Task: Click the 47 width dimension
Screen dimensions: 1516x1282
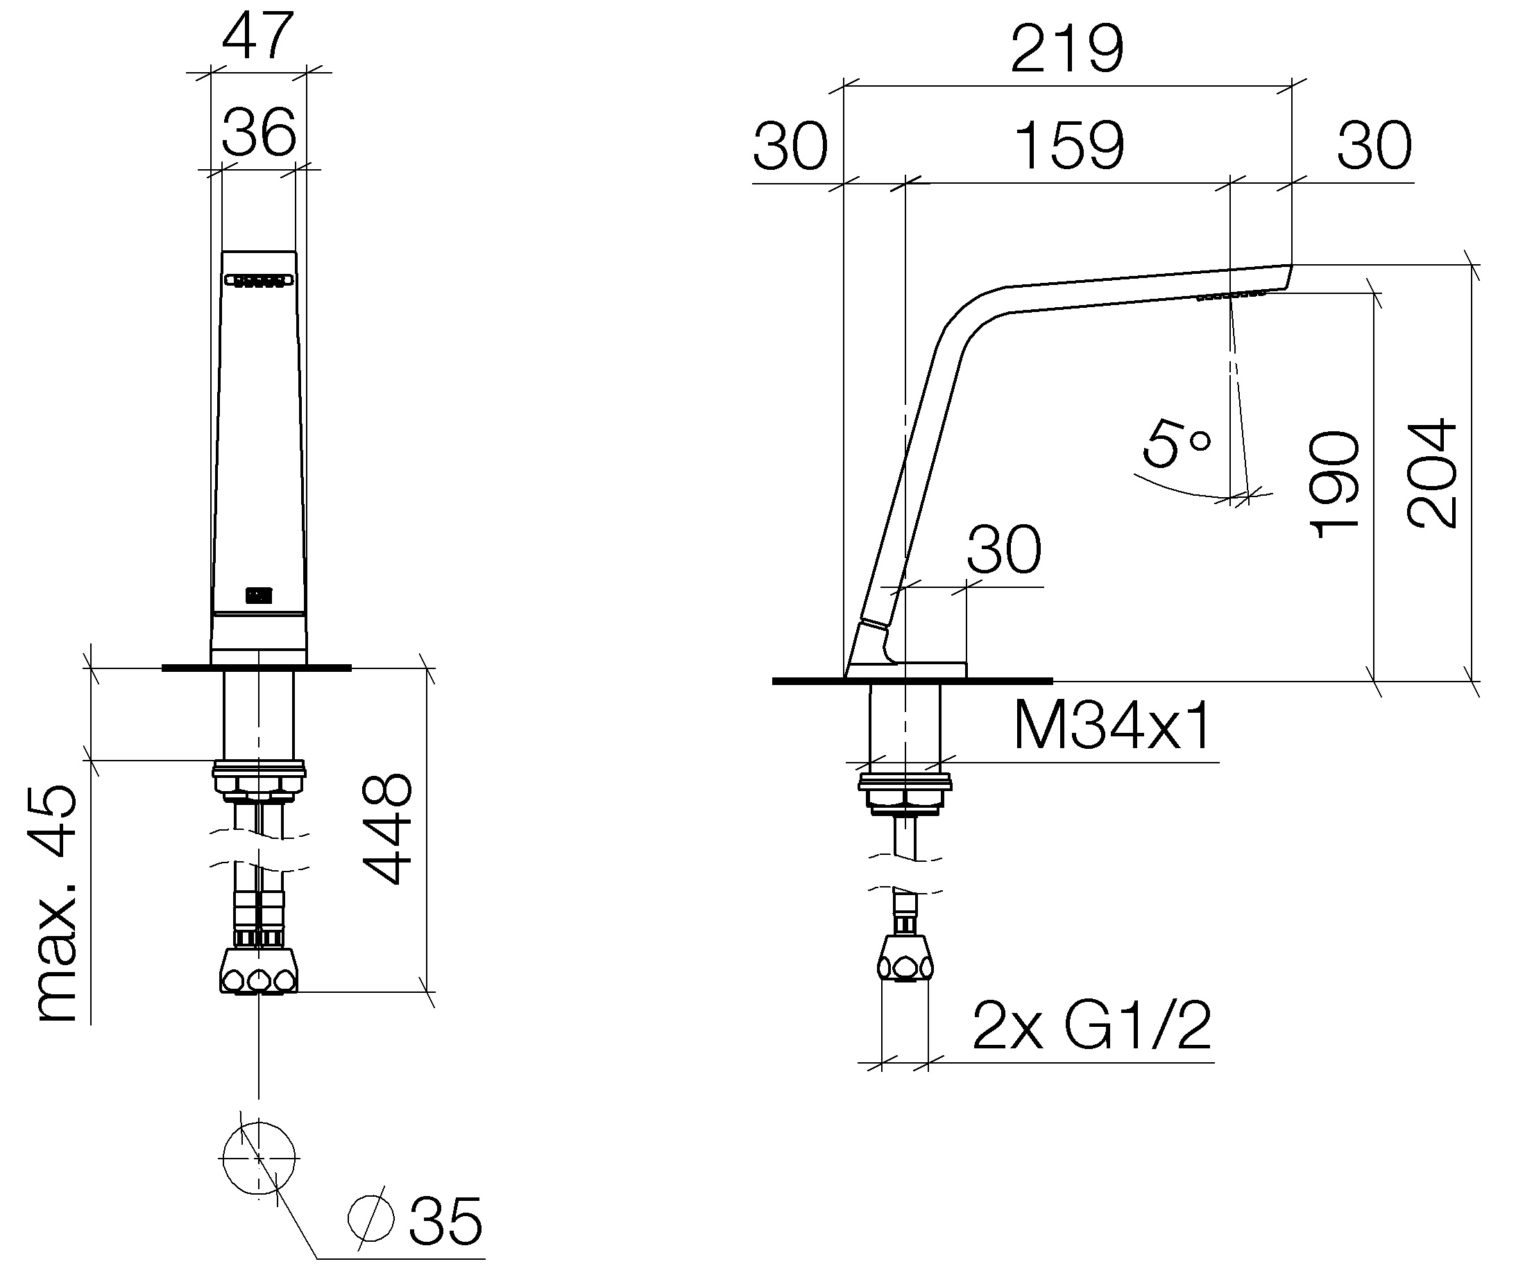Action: pos(258,36)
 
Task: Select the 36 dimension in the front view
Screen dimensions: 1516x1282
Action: pos(259,132)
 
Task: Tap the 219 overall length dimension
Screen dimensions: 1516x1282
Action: pos(1067,49)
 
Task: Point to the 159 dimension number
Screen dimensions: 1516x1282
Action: pos(1069,146)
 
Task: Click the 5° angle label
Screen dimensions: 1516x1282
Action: pos(1177,442)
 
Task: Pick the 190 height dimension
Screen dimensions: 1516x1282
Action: pos(1334,484)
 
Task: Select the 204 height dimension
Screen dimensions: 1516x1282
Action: pos(1431,473)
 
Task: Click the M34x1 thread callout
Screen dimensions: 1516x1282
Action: pos(1112,725)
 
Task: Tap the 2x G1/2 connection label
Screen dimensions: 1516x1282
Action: pos(1091,1025)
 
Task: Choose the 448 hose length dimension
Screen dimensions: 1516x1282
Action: pos(387,829)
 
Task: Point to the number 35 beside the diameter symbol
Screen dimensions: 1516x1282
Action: pos(445,1222)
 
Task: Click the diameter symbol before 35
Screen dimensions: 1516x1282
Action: pos(371,1218)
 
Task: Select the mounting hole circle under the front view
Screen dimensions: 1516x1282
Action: pos(258,1158)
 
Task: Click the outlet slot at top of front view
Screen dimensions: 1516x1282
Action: pos(259,280)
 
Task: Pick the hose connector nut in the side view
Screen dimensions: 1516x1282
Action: pos(905,958)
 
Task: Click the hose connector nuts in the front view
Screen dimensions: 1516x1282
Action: pos(259,970)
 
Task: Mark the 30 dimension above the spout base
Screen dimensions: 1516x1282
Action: pos(1004,549)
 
